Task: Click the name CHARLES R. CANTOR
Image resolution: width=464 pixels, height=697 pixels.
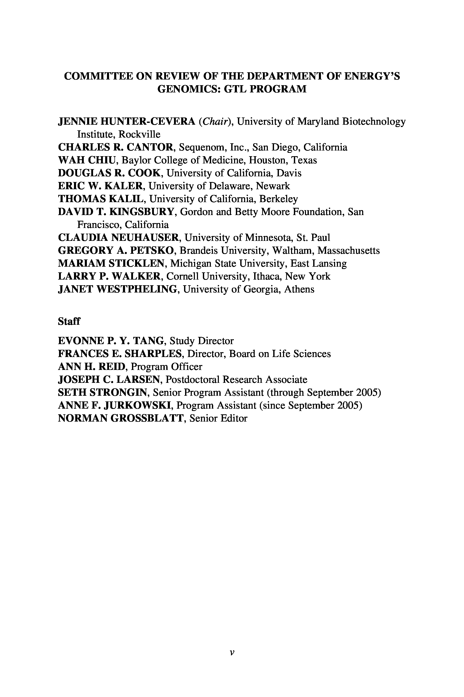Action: [115, 147]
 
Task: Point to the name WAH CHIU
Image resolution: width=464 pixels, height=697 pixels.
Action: [88, 160]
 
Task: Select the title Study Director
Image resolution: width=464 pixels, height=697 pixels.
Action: [202, 341]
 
